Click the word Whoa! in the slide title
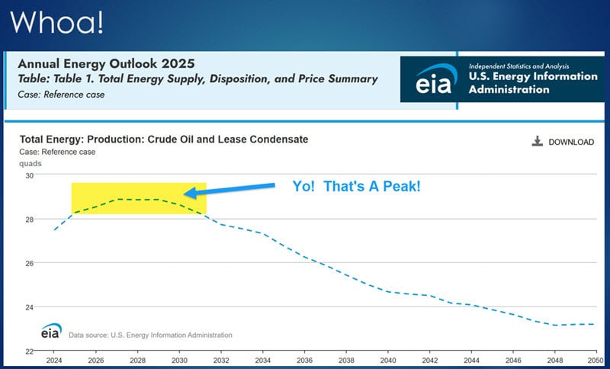coord(56,22)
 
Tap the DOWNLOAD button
coord(563,142)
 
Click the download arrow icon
coord(538,141)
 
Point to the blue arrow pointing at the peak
coord(230,189)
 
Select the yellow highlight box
coord(139,198)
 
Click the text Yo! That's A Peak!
coord(356,187)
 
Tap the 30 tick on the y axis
coord(30,175)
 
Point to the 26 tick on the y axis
coord(30,263)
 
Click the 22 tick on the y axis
coord(30,351)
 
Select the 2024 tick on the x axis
coord(54,361)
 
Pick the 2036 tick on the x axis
coord(304,361)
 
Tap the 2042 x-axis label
coord(430,361)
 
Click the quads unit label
coord(30,164)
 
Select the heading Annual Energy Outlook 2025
coord(106,63)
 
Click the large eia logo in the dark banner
coord(435,79)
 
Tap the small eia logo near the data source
coord(51,331)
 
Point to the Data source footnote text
coord(150,335)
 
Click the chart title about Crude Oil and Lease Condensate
coord(164,140)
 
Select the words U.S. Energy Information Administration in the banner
coord(533,83)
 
